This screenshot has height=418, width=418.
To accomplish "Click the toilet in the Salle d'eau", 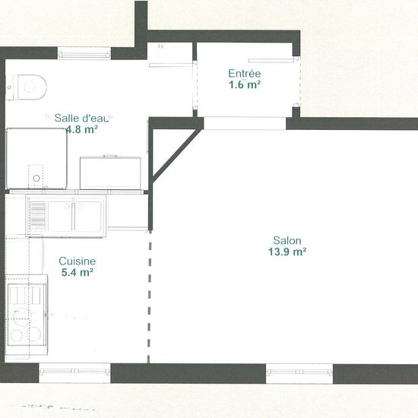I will coord(29,85).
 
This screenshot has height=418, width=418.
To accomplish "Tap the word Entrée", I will coord(245,74).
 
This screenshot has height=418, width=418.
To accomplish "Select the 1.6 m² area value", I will coord(245,85).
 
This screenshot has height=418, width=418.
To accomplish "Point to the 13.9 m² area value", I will coord(287,252).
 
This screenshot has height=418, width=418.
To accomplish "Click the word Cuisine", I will coord(77,261).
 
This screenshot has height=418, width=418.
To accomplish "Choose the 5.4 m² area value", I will coord(77,272).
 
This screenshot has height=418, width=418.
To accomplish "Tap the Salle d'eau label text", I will coord(82,118).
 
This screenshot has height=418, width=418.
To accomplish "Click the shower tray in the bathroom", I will coord(36,157).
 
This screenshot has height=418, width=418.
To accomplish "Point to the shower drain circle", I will coord(36,179).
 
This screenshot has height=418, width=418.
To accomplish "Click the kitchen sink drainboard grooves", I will coord(36,215).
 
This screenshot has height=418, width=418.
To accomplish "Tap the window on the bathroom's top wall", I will coord(84,53).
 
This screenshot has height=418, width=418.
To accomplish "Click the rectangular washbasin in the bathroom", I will coord(110,172).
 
